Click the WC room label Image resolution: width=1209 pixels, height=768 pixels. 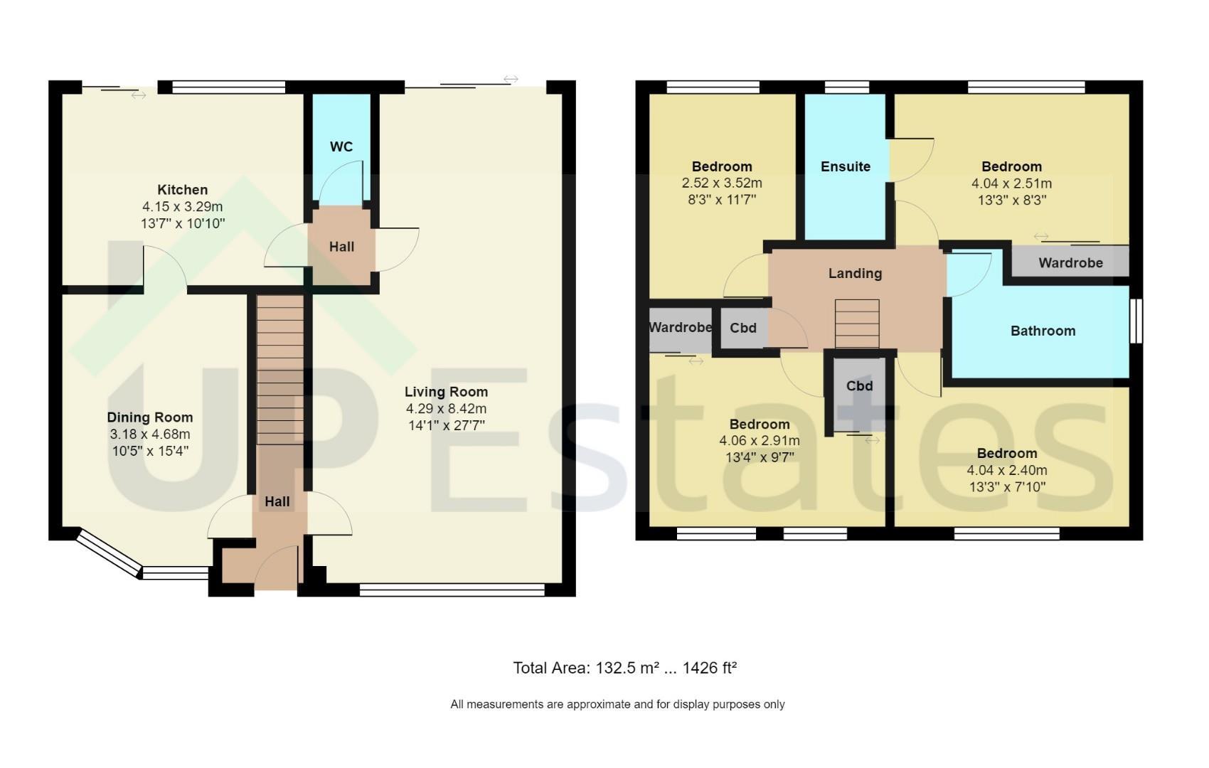click(x=341, y=146)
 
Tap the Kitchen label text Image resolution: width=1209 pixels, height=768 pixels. click(x=183, y=190)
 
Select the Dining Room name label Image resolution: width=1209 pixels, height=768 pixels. click(x=150, y=417)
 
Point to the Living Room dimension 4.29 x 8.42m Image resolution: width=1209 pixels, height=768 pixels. click(x=447, y=409)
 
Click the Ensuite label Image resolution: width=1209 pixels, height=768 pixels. click(x=845, y=167)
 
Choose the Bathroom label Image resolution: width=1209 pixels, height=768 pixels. click(x=1043, y=331)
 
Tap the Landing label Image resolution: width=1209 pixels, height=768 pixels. click(x=855, y=274)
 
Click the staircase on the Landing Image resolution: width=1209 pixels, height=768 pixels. click(x=857, y=324)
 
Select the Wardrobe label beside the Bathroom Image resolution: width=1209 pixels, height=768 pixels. click(x=1070, y=263)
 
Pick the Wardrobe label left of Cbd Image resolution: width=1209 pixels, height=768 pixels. click(x=681, y=328)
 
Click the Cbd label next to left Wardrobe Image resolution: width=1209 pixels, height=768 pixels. click(x=742, y=328)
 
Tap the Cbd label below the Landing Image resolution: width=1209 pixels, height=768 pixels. click(x=859, y=386)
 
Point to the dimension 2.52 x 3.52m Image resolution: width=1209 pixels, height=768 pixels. click(x=722, y=183)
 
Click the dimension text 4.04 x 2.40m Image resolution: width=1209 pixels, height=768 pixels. click(x=1006, y=470)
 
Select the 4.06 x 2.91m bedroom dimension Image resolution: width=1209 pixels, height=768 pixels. click(x=760, y=441)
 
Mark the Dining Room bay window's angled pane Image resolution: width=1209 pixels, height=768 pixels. click(x=109, y=555)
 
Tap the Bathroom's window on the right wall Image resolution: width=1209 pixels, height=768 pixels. click(x=1136, y=321)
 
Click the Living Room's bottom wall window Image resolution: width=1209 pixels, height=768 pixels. click(x=452, y=590)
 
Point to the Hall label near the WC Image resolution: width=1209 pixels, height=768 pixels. click(x=341, y=247)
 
